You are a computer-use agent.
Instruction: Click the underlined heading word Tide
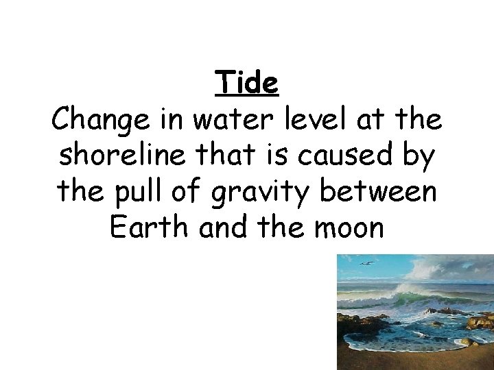[x=247, y=84]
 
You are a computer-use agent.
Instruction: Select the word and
[x=222, y=227]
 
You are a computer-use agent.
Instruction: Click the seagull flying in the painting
[x=367, y=262]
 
